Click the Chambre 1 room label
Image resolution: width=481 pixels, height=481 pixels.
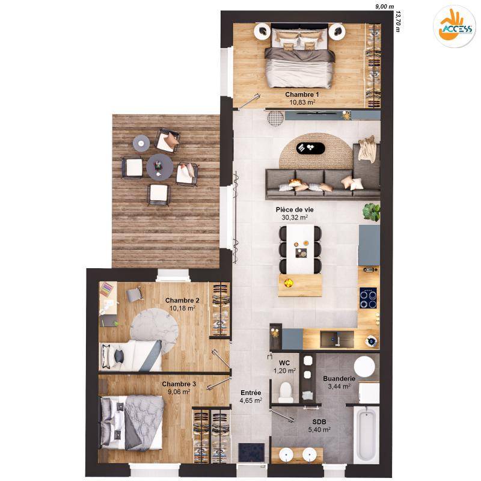302,94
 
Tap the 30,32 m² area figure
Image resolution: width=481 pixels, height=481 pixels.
295,218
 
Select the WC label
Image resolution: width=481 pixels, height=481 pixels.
284,363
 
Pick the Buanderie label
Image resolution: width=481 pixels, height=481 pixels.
339,379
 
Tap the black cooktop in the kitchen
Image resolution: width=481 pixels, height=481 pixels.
368,298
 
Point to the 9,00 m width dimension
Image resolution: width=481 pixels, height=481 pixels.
384,7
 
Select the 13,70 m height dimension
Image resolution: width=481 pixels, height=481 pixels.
398,22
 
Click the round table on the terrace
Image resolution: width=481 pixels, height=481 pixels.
159,167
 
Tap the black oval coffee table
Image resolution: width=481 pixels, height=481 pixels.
310,148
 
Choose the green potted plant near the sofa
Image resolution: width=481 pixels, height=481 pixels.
372,212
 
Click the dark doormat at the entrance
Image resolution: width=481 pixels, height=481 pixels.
251,453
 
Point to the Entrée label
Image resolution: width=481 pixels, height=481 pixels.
251,393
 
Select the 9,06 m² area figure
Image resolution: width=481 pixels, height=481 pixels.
179,392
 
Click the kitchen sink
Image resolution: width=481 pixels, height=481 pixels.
337,339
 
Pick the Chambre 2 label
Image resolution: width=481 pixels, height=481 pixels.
182,300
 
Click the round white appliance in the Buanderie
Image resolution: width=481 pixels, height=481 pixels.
364,367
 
